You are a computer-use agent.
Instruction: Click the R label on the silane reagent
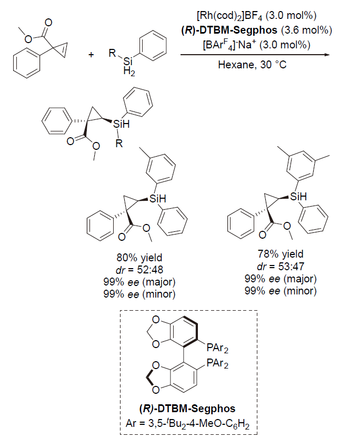click(112, 53)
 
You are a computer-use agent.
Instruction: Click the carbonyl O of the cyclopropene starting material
click(48, 23)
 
